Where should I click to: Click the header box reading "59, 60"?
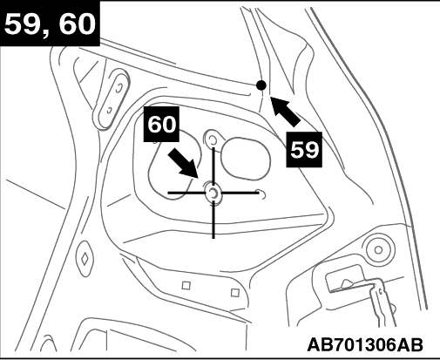pos(50,24)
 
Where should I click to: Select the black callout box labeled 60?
pos(161,125)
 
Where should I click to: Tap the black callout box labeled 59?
pos(304,150)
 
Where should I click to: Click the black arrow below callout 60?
pos(184,163)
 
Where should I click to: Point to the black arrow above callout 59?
pos(286,112)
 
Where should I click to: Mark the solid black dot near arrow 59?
pos(261,85)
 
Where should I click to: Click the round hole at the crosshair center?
pos(213,193)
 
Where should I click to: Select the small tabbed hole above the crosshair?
pos(213,140)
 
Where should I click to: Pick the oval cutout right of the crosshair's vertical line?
pos(246,159)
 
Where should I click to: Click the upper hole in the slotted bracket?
pos(118,87)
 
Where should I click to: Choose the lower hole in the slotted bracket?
pos(110,111)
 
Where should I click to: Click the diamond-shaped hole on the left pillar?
pos(85,258)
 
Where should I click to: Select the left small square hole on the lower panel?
pos(186,285)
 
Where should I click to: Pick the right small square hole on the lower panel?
pos(235,293)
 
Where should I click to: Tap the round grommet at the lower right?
pos(378,249)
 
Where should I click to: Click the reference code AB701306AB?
pos(365,345)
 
